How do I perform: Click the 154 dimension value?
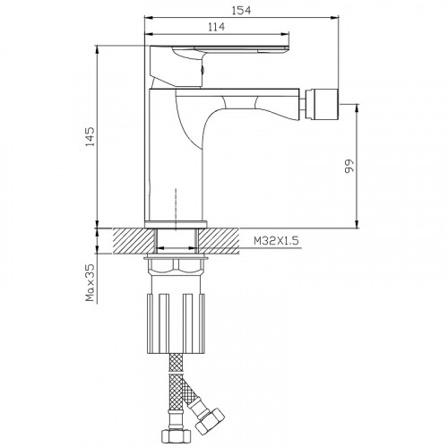tap(241, 10)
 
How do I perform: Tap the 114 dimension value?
tap(216, 27)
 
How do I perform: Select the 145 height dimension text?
tap(90, 137)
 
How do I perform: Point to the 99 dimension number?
tap(349, 166)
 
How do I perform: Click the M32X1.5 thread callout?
tap(276, 240)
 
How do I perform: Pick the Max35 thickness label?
tap(90, 282)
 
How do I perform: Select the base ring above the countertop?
tap(176, 224)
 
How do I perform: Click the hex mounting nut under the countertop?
tap(176, 267)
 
